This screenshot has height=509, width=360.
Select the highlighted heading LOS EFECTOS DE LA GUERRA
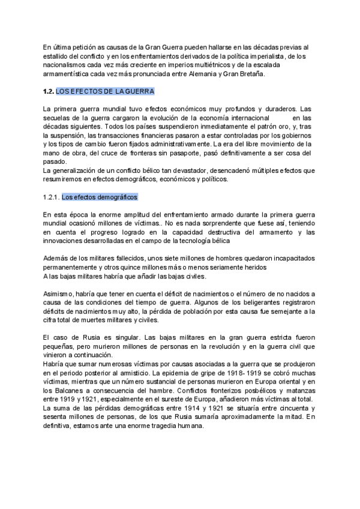[105, 91]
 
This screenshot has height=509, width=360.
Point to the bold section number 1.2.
[49, 91]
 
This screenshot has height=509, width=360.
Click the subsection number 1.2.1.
[52, 197]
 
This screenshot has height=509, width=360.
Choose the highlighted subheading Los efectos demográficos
[100, 197]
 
